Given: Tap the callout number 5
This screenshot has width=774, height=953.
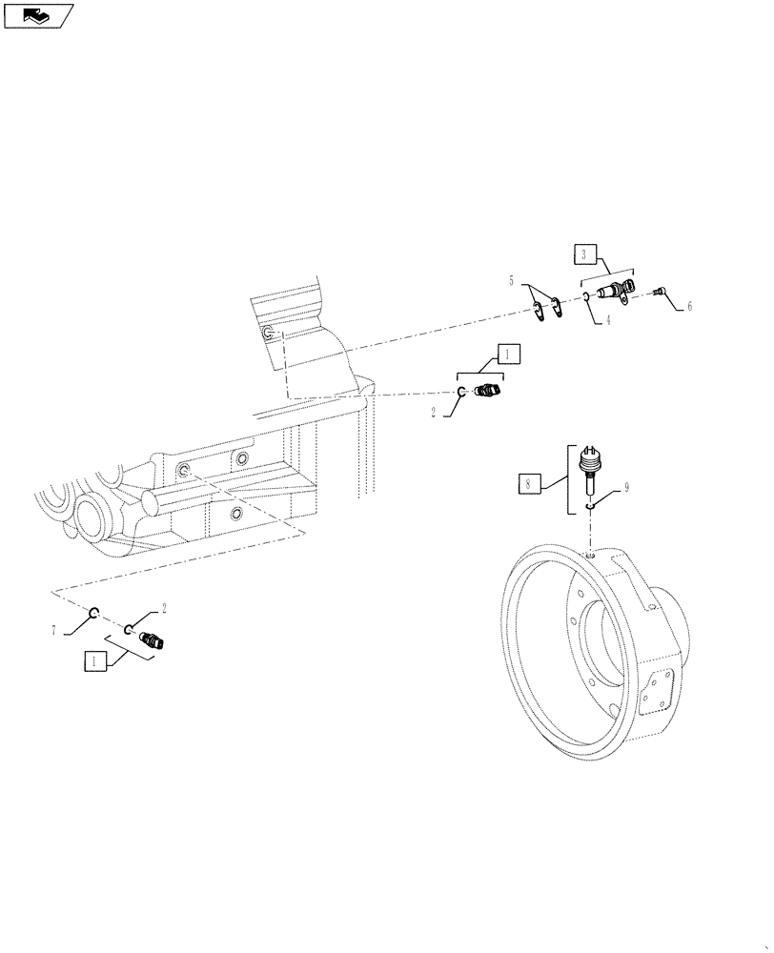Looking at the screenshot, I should pos(511,281).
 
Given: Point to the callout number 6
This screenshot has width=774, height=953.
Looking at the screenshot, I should pos(690,307).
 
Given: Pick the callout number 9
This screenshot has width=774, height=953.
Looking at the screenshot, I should pos(627,487).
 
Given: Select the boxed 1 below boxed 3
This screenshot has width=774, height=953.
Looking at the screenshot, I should pos(508,355).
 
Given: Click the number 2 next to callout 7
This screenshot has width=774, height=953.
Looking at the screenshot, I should pos(164,607).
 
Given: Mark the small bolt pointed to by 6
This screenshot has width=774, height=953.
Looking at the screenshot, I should pos(659,294).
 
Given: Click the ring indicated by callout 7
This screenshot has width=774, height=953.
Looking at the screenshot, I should pos(95,613).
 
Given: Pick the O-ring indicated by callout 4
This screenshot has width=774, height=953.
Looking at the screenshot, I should pos(587,297).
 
